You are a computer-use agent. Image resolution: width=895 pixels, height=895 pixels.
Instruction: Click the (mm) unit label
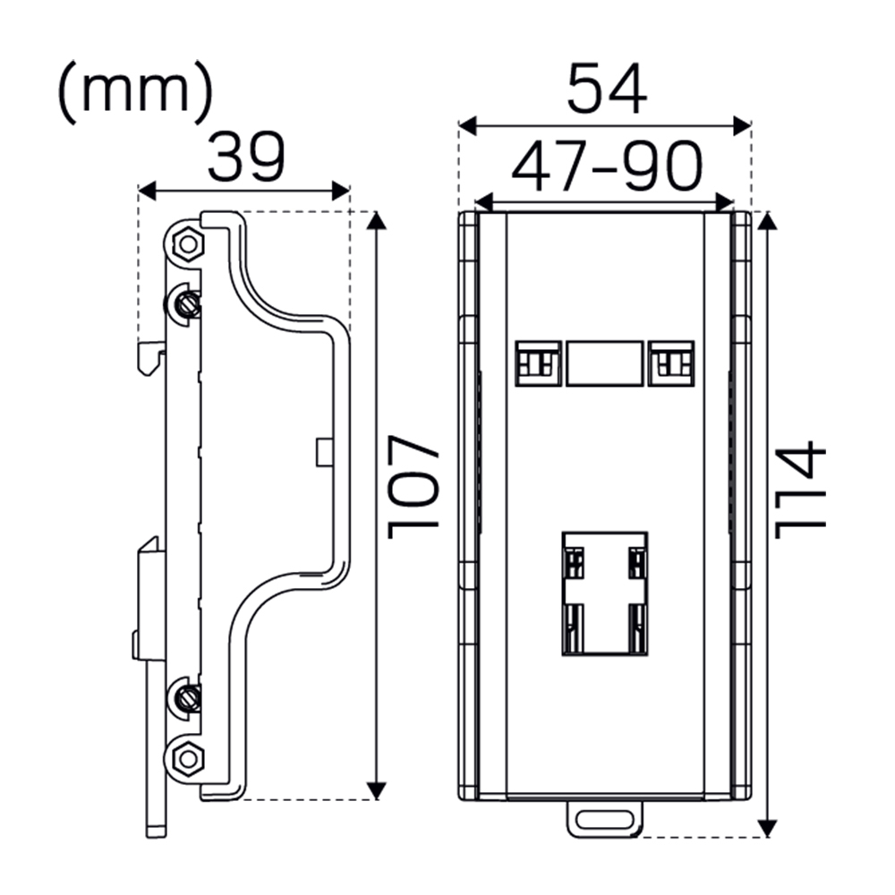(x=135, y=93)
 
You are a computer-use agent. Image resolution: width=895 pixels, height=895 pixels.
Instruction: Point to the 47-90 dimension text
(x=606, y=167)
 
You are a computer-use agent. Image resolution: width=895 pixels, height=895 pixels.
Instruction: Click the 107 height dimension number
(x=413, y=488)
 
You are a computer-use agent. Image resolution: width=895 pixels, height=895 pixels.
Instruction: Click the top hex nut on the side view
(x=186, y=243)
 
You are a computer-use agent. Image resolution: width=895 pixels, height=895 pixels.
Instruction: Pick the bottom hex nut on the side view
(x=187, y=759)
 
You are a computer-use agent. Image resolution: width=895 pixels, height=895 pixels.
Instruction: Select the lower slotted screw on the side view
(x=187, y=695)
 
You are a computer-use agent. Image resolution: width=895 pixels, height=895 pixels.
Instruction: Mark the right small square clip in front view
(x=671, y=362)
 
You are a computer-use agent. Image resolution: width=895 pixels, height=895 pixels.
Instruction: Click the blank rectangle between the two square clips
(x=604, y=362)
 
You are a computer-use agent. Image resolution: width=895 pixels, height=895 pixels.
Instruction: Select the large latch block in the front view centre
(x=605, y=593)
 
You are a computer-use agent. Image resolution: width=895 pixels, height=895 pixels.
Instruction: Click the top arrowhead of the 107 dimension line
(x=377, y=221)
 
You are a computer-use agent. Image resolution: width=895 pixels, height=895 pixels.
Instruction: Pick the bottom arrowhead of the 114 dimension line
(x=767, y=828)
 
